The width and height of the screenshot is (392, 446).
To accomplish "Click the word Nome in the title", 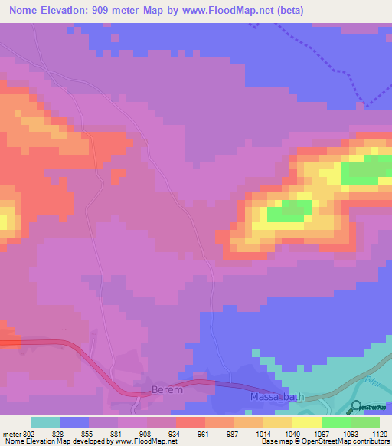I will coord(25,10).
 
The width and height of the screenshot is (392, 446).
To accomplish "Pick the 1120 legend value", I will coord(371,434).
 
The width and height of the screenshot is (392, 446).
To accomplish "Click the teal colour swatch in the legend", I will coord(45,422).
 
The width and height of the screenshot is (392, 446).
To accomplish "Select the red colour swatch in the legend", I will coord(190,422).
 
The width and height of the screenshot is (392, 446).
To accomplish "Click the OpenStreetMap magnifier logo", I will coord(356,408).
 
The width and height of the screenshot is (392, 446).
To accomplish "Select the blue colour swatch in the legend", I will coord(74,422).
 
